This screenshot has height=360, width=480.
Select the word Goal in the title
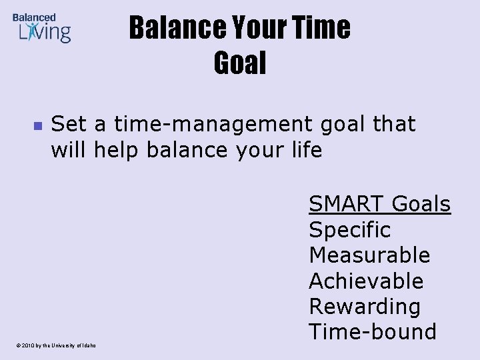coord(240,63)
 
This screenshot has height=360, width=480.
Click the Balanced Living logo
coord(41,28)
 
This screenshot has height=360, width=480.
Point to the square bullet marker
coord(37,125)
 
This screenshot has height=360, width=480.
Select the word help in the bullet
coord(117,150)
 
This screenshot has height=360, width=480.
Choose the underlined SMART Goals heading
coord(379,204)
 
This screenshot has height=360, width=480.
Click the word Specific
coord(349,230)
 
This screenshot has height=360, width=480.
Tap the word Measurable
coord(369,255)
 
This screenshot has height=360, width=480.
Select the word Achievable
coord(366,281)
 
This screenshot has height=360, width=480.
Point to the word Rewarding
coord(365,307)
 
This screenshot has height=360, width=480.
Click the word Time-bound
coord(372,331)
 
